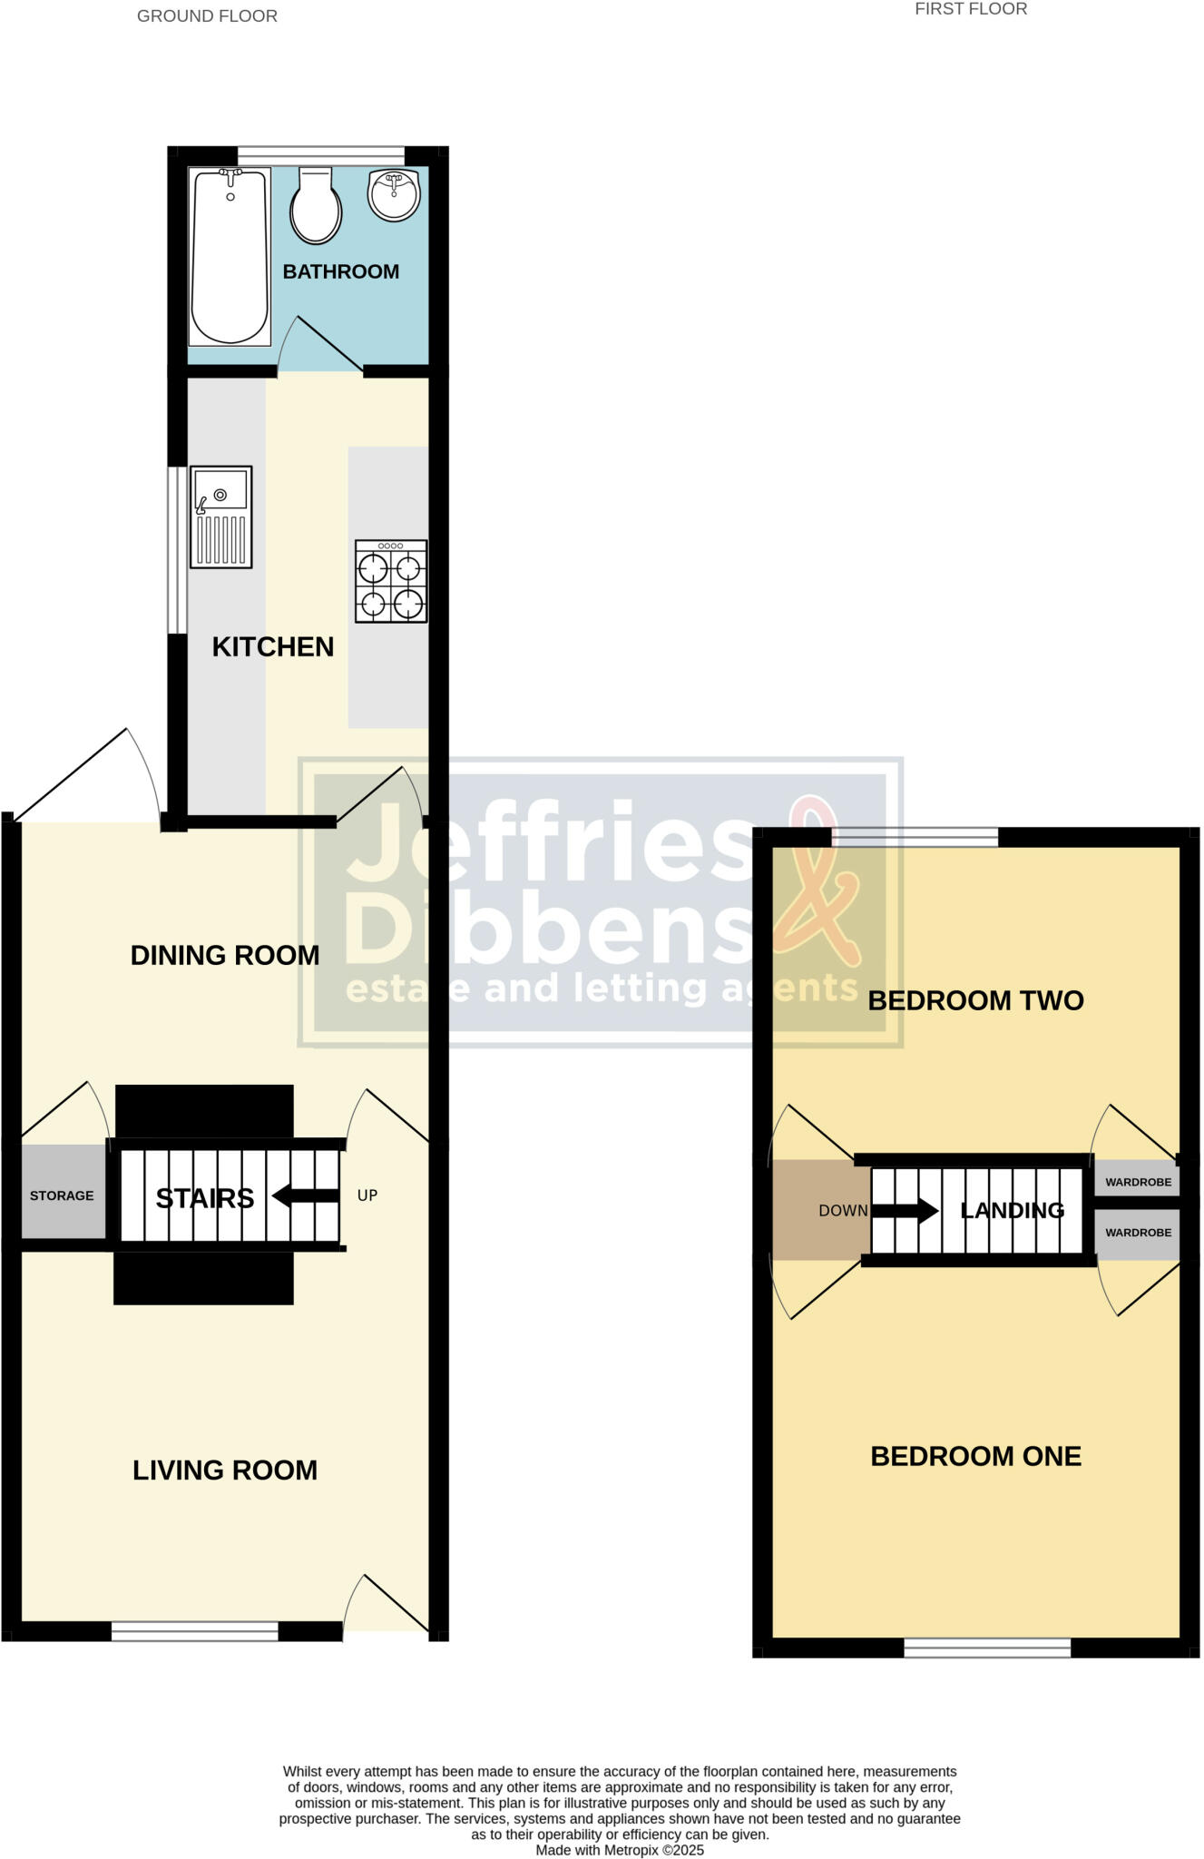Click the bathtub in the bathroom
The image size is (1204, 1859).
coord(230,257)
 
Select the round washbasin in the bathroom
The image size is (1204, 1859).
coord(394,193)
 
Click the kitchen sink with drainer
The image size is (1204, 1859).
coord(220,517)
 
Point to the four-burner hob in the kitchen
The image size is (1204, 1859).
coord(391,582)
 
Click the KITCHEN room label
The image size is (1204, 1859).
coord(273,647)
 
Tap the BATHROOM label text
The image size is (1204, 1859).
coord(340,271)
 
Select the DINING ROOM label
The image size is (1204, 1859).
coord(225,956)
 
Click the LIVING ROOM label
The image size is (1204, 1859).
coord(225,1470)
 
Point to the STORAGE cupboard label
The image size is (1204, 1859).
coord(62,1196)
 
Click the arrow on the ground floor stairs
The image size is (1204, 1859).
coord(305,1196)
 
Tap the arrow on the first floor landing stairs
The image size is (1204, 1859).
coord(905,1210)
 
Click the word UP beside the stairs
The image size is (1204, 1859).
coord(367,1195)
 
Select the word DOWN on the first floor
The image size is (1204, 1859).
coord(843,1211)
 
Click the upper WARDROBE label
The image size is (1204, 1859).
coord(1138,1183)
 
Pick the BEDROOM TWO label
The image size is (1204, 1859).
coord(976,1001)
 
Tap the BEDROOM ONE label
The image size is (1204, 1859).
coord(976,1457)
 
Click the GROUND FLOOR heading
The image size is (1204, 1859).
coord(207,16)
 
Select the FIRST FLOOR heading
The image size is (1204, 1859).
coord(971,9)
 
